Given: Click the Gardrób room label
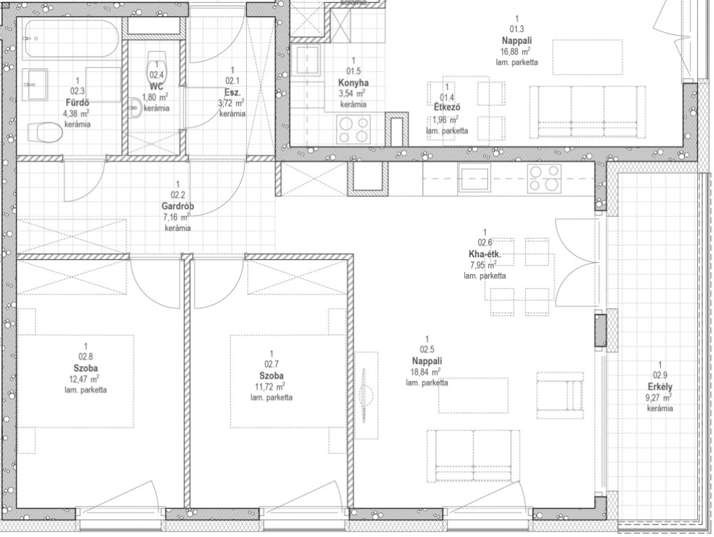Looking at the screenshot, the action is point(178,206).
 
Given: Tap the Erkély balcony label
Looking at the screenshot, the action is point(660,387).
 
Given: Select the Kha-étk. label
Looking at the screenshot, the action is point(485,254).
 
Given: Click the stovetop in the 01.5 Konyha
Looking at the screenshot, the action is point(354,129).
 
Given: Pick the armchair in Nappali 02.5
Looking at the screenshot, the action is point(560,395).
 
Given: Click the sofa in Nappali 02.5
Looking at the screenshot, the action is point(473,455).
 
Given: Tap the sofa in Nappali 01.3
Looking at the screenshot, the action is point(587,112).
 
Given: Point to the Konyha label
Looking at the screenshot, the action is point(354,83).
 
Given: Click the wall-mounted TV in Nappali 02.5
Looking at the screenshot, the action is point(366,395).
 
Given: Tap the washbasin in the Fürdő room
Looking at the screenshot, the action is point(36,84).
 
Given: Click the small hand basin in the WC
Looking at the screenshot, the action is point(134,108).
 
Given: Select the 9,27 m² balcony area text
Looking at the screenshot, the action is point(660,398).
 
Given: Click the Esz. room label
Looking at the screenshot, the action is point(232,92).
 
